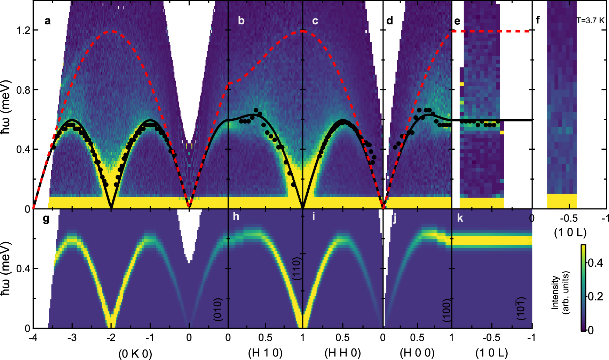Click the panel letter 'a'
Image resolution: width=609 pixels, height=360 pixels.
pyautogui.click(x=48, y=21)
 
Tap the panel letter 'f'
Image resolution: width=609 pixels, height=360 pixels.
pyautogui.click(x=538, y=20)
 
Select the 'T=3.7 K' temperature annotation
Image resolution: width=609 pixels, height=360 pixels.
pyautogui.click(x=591, y=21)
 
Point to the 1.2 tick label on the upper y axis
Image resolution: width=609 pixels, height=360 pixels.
pyautogui.click(x=23, y=30)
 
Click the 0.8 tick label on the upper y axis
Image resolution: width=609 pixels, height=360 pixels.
pyautogui.click(x=23, y=90)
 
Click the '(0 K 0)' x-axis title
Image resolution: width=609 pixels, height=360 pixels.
pyautogui.click(x=135, y=354)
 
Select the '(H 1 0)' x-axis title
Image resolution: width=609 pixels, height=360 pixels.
pyautogui.click(x=265, y=353)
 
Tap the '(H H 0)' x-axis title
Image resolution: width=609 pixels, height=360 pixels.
pyautogui.click(x=342, y=353)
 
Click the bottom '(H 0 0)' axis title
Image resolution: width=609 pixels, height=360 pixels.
pyautogui.click(x=417, y=353)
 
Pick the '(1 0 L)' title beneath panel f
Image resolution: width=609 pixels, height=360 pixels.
pyautogui.click(x=570, y=232)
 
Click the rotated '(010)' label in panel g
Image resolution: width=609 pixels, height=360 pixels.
pyautogui.click(x=217, y=309)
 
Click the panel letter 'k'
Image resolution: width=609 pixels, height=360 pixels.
pyautogui.click(x=460, y=218)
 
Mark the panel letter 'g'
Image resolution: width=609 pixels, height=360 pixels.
pyautogui.click(x=46, y=219)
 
